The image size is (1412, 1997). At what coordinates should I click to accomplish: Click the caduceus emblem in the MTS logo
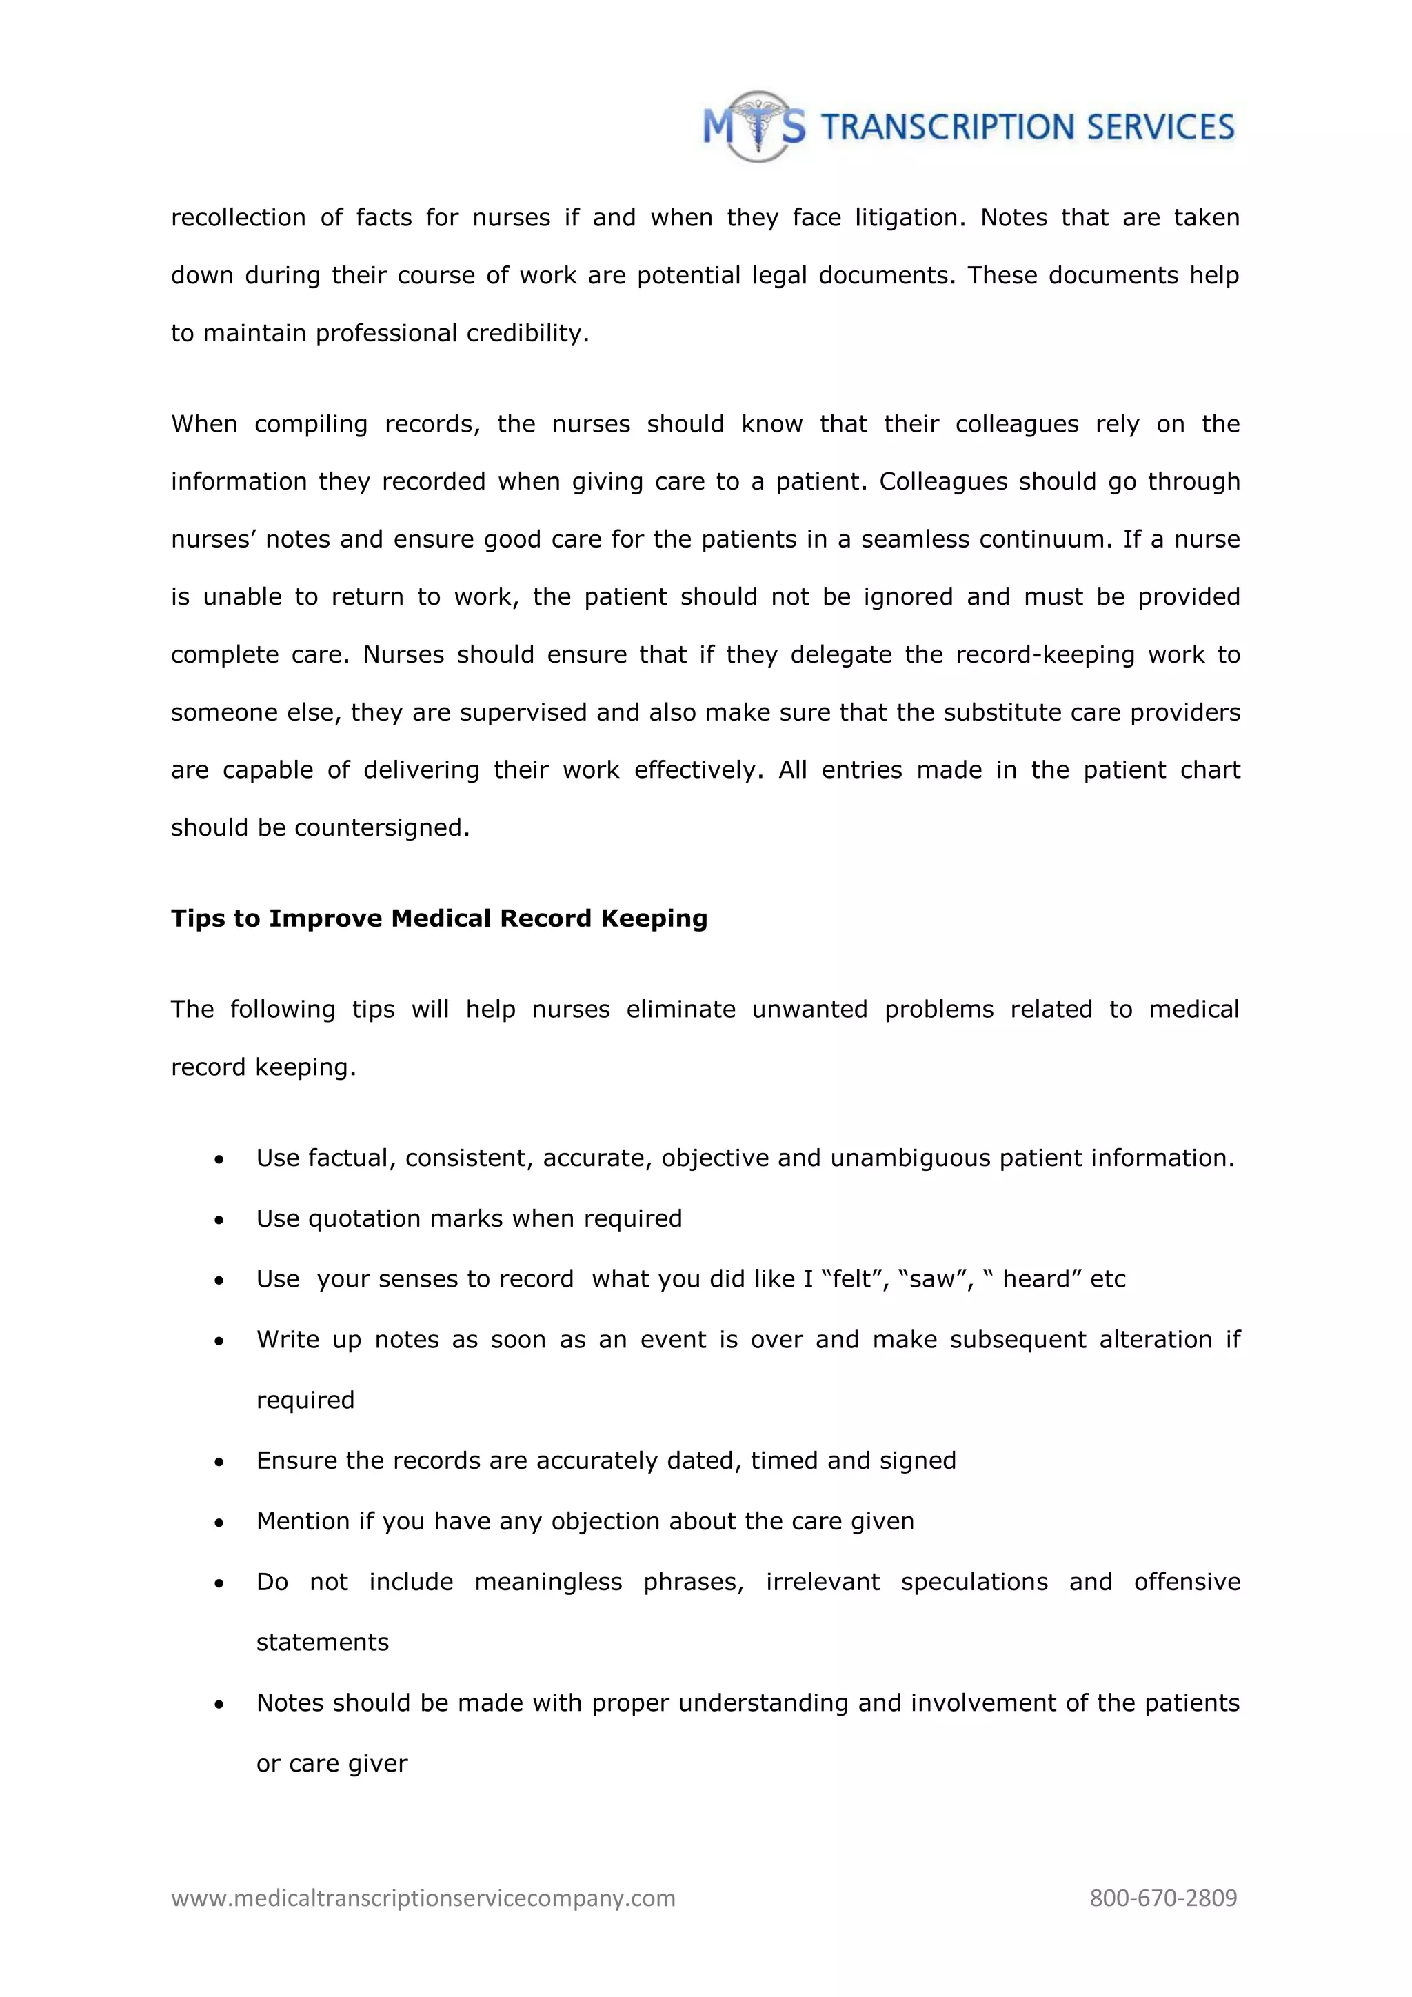click(758, 127)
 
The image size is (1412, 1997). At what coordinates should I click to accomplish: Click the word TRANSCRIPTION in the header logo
click(949, 128)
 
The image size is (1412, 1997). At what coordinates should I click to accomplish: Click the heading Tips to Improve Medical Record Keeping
click(439, 919)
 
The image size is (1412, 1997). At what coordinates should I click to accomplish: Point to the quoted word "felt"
click(855, 1279)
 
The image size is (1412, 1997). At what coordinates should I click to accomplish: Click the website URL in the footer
click(423, 1898)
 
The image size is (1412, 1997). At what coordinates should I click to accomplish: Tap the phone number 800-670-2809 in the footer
click(1162, 1898)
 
